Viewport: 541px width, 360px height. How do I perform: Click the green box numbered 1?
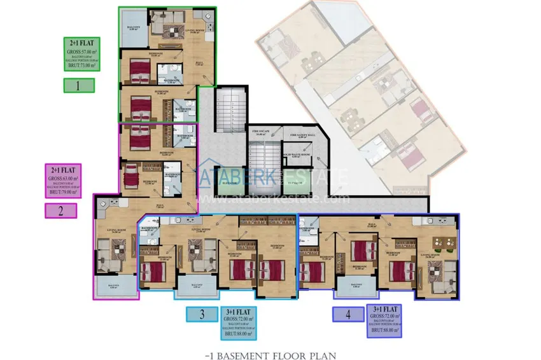coord(79,86)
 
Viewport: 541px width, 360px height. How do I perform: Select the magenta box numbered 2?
coord(61,211)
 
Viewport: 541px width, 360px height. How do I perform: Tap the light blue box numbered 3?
coord(202,314)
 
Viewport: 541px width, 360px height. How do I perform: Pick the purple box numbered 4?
coord(348,314)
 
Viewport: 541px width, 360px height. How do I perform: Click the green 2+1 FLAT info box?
coord(82,53)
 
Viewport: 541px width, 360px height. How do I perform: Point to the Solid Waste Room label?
coord(296,155)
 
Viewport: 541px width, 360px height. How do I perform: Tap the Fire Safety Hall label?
coord(302,135)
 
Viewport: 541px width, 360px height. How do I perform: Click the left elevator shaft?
coord(227,183)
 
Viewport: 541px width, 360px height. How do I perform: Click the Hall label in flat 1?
coord(198,62)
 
